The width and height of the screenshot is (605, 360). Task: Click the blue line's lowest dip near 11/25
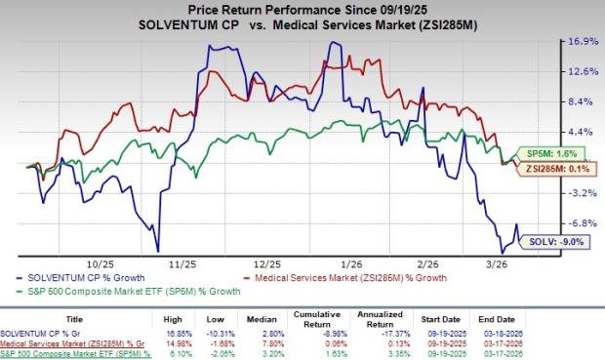(x=158, y=251)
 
